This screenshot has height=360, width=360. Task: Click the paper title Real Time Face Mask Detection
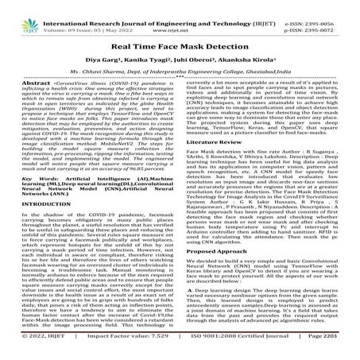[x=180, y=45]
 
